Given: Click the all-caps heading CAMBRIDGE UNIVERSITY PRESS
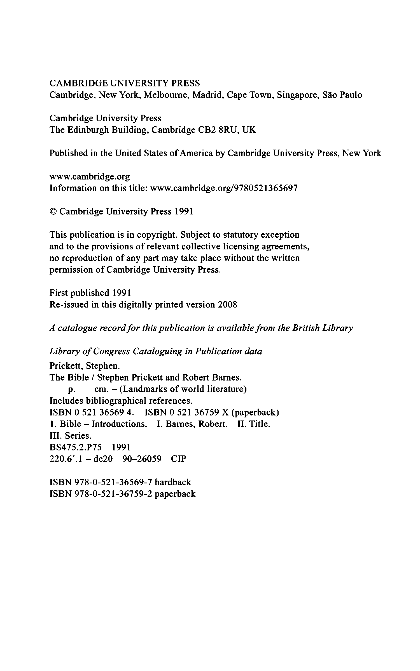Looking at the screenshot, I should (125, 83).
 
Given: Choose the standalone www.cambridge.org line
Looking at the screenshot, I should (90, 177).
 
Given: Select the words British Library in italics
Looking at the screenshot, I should (322, 328).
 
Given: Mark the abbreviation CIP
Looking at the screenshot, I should (178, 459).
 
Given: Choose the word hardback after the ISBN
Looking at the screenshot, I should (173, 482).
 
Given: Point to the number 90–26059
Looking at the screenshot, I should (142, 459).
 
